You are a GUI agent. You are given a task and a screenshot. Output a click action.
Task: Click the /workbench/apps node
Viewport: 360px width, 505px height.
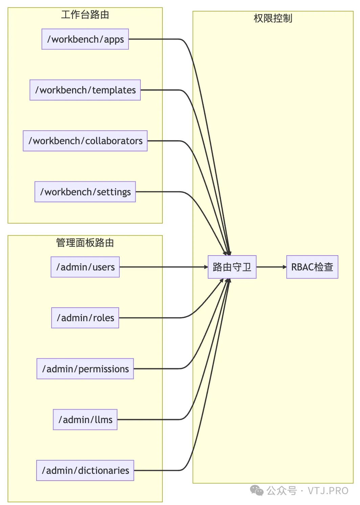pos(85,39)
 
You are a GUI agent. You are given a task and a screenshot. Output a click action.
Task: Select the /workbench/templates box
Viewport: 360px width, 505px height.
pos(85,90)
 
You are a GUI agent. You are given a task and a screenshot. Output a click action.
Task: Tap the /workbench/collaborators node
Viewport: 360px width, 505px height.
pos(85,141)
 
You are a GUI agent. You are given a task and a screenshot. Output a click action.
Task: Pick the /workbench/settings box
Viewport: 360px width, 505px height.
pos(85,192)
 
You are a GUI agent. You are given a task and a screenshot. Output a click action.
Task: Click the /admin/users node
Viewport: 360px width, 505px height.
pos(85,267)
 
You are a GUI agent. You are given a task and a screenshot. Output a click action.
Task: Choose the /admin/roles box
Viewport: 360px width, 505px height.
pos(85,318)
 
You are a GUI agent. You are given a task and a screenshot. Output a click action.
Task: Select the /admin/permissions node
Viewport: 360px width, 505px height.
pos(85,369)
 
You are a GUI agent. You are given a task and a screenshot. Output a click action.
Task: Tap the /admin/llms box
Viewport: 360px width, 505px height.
pos(85,420)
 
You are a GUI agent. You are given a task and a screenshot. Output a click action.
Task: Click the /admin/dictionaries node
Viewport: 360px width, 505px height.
pos(85,470)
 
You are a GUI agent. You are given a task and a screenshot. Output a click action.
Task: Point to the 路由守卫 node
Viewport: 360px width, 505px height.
pos(232,267)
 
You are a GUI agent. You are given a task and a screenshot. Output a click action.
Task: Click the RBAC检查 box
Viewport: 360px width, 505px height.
pos(312,267)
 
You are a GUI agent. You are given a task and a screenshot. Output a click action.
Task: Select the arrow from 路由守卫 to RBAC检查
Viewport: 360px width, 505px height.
pos(271,267)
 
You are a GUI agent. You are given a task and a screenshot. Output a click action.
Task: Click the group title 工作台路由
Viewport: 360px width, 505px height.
pos(85,15)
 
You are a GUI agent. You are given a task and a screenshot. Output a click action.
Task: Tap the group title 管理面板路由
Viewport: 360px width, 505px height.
pos(85,243)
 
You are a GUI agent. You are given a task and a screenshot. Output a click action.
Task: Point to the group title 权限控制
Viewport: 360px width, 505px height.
pos(273,18)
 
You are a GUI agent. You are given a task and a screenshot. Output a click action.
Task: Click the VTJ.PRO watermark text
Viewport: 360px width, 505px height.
pos(328,491)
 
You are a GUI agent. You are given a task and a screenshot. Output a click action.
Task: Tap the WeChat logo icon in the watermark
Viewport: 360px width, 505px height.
pos(256,490)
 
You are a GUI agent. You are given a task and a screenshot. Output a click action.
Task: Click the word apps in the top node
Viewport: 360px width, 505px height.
pos(114,40)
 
